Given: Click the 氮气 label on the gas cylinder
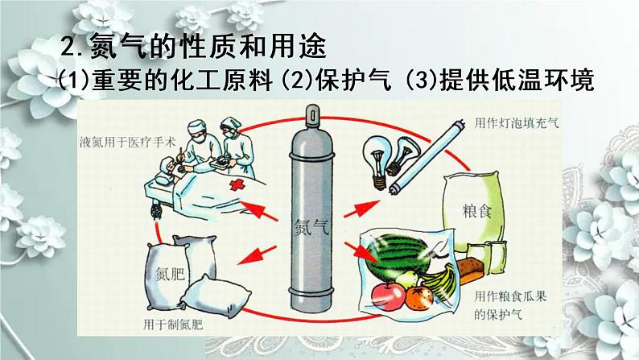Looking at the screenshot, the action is (x=311, y=227).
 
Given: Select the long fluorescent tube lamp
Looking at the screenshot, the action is (x=427, y=156).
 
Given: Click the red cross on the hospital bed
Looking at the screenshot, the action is (x=237, y=185).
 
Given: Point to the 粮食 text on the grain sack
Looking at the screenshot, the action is (x=476, y=211).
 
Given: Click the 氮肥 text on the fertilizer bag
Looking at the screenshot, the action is (x=170, y=274).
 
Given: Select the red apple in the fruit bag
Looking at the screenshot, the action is (x=388, y=296).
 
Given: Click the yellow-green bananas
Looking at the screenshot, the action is (x=440, y=282).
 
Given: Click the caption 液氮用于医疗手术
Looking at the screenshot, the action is (x=127, y=143).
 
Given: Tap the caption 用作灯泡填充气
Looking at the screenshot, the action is (x=517, y=122).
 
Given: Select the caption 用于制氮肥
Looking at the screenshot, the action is (x=173, y=325).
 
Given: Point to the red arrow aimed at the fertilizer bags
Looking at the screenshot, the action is (x=257, y=254).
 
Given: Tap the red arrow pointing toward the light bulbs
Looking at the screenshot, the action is (x=362, y=209).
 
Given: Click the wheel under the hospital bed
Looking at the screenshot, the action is (x=157, y=211).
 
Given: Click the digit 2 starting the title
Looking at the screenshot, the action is (x=68, y=47).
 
